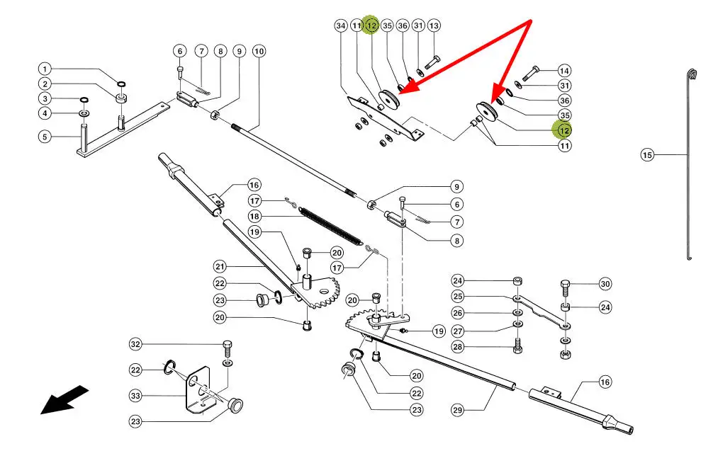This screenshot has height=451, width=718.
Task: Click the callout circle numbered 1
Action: [x=45, y=69]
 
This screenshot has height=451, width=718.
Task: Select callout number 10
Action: [x=259, y=51]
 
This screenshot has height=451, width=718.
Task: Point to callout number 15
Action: [x=646, y=154]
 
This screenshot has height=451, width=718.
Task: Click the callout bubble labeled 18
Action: [x=254, y=215]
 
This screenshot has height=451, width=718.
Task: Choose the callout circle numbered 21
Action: [x=220, y=266]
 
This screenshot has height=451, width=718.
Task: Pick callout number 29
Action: [x=461, y=409]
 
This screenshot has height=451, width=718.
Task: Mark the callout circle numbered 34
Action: [x=340, y=26]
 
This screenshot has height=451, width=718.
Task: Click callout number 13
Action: [x=434, y=26]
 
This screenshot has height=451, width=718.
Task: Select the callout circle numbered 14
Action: [x=564, y=71]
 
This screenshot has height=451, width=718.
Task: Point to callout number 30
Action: [x=605, y=284]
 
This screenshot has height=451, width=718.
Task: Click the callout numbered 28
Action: [x=457, y=347]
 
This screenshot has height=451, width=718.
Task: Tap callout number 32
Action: [x=135, y=345]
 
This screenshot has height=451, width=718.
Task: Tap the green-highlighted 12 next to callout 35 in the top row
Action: [x=371, y=26]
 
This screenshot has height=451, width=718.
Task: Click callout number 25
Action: [x=457, y=296]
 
